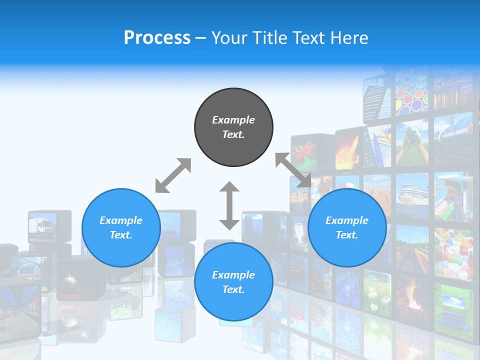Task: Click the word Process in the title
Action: pos(157,38)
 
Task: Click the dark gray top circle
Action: pos(233,127)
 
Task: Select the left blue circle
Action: pos(121,227)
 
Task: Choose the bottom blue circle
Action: pos(233,282)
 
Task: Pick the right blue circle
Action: pos(346,227)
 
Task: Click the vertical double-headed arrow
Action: pos(229,205)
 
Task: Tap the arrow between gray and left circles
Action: pos(173,175)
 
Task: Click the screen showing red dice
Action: pos(304,151)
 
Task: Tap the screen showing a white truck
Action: pos(42,226)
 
